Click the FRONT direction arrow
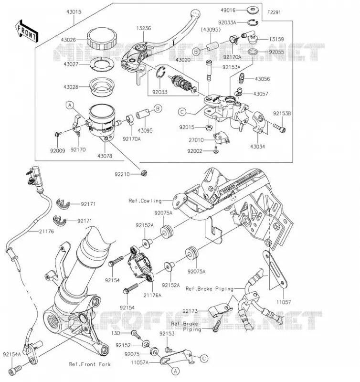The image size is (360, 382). [x=27, y=31]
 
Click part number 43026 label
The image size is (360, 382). [x=68, y=40]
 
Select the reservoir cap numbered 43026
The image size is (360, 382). [x=102, y=39]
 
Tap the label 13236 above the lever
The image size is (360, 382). [x=143, y=28]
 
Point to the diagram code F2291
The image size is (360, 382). [x=274, y=12]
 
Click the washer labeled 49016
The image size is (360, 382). [x=253, y=10]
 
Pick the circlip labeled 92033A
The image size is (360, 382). [x=253, y=22]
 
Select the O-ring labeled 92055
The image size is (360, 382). [x=254, y=52]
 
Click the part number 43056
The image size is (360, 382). [x=262, y=79]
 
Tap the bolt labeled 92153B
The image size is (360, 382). [x=279, y=127]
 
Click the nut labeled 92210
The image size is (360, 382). [x=144, y=173]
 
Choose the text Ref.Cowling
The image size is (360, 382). [x=145, y=201]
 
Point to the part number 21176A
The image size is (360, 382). [x=152, y=295]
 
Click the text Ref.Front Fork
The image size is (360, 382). [x=90, y=364]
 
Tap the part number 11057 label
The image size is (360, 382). [x=284, y=302]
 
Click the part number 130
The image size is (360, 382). [x=116, y=333]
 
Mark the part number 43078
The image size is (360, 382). [x=105, y=156]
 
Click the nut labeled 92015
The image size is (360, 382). [x=209, y=127]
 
